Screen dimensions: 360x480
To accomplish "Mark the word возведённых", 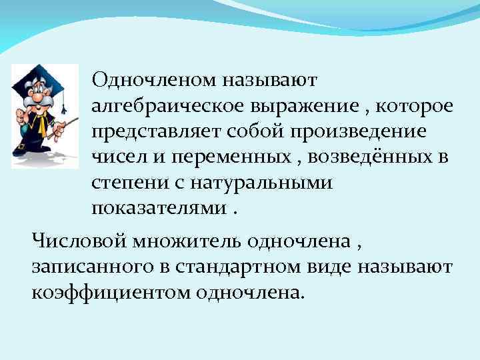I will point(354,157).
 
